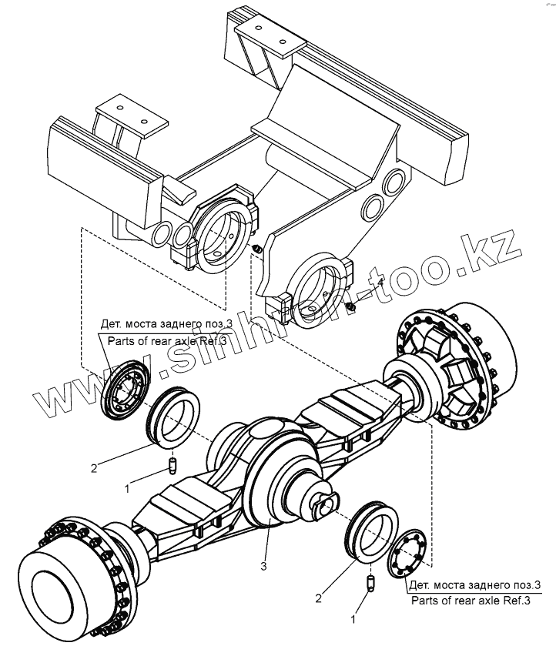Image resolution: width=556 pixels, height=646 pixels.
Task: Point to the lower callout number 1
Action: click(x=353, y=618)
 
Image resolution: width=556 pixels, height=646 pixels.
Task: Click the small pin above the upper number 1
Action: click(x=173, y=465)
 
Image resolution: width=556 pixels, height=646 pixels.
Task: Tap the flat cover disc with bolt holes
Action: click(x=412, y=552)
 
